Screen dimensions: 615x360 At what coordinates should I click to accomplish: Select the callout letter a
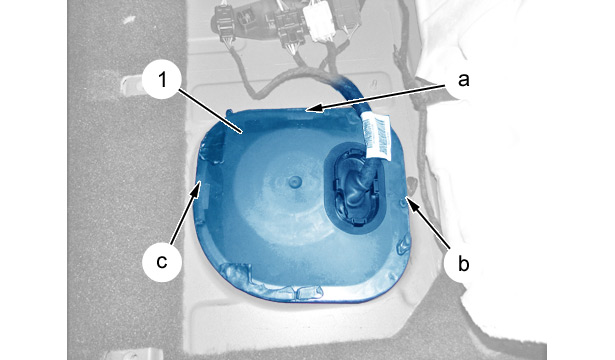464,80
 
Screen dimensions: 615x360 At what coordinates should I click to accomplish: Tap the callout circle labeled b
464,263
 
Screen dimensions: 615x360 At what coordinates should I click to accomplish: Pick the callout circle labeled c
162,262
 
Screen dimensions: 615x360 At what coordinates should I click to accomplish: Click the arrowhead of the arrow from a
313,108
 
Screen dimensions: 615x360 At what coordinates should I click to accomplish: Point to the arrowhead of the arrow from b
411,202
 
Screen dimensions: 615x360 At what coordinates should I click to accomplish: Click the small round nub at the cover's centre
295,182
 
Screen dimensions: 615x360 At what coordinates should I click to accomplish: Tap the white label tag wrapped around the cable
376,135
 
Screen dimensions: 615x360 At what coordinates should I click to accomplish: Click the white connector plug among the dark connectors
320,23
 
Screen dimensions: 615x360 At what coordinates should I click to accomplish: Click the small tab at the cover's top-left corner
230,113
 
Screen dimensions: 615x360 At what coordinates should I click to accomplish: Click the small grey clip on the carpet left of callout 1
130,85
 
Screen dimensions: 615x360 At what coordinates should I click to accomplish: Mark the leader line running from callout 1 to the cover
210,112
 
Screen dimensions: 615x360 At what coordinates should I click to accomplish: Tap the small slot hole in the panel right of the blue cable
375,84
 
